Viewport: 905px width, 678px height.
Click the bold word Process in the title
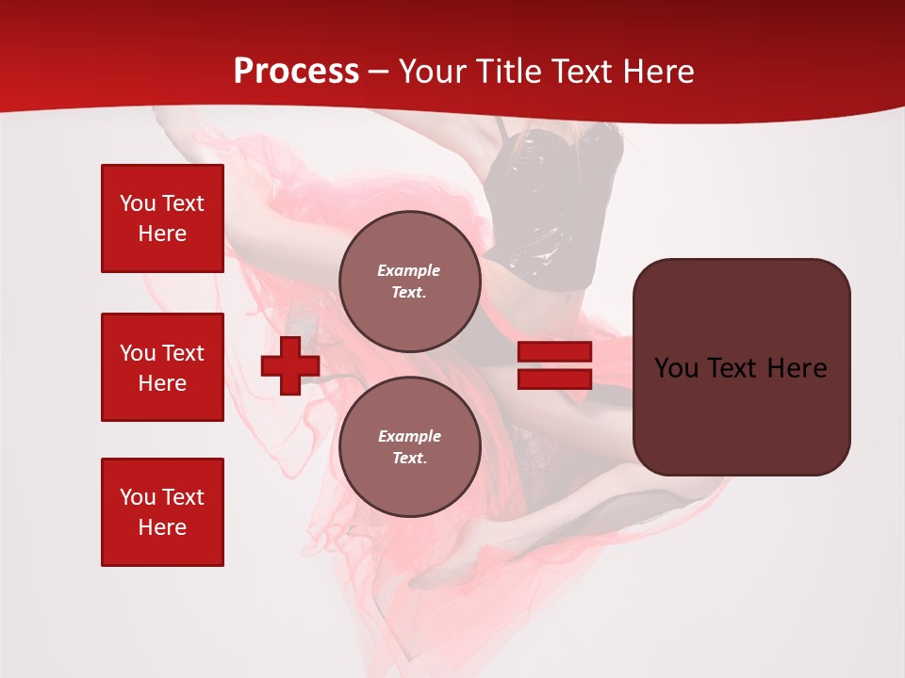[296, 72]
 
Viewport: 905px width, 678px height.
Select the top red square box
[162, 218]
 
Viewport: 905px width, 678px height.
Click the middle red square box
[162, 367]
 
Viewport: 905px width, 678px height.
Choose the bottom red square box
[162, 512]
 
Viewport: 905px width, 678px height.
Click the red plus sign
[289, 365]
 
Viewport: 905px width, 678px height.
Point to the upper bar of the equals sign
[554, 352]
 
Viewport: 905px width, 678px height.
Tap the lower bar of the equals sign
[554, 379]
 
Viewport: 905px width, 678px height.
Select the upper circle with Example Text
[409, 282]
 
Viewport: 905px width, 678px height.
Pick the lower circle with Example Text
[409, 447]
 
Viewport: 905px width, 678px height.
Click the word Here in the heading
[659, 72]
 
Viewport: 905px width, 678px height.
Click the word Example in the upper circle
[408, 270]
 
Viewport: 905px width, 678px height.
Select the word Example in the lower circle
[409, 436]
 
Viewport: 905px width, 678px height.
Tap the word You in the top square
[137, 203]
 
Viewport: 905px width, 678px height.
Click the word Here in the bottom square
[162, 527]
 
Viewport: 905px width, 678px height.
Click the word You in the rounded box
[676, 368]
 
